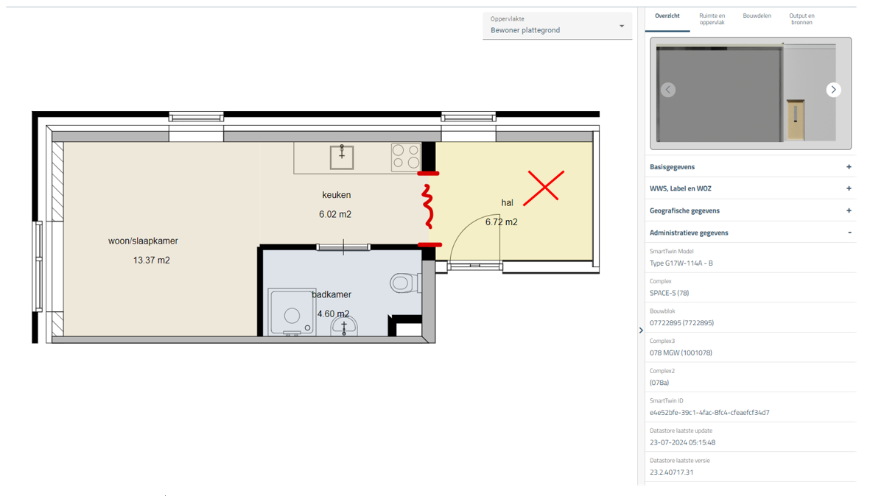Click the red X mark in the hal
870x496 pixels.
point(544,188)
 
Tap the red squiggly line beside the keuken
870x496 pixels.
point(427,206)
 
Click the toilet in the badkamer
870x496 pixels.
point(404,283)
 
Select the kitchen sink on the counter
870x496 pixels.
point(342,157)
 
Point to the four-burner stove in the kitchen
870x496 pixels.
point(406,156)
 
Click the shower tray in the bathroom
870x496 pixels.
point(291,312)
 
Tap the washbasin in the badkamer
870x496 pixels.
point(344,327)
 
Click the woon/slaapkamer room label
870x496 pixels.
point(143,241)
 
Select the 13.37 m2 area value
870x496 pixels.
point(152,260)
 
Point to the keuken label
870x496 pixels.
point(336,195)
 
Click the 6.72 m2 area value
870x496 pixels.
point(502,222)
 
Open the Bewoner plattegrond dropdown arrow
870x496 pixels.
point(622,26)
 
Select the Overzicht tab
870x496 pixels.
point(667,16)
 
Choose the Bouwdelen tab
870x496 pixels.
point(757,16)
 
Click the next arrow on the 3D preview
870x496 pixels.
point(833,90)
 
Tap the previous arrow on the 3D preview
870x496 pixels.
point(668,90)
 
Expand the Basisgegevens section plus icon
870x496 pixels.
point(849,167)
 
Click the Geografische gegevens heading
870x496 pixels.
point(684,210)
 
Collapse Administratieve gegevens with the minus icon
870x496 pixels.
point(849,233)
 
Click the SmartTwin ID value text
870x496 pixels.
point(709,413)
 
